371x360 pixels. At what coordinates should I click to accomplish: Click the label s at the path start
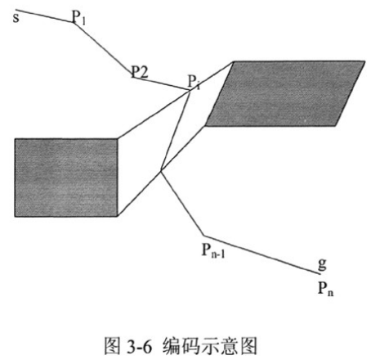click(16, 18)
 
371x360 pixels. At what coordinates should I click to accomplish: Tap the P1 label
click(78, 17)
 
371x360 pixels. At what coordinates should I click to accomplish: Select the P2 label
click(140, 72)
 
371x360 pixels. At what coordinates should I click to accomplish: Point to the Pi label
click(194, 81)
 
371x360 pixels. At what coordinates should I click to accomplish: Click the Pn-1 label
click(213, 250)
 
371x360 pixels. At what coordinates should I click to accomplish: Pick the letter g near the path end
click(322, 264)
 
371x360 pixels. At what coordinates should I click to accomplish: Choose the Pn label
click(326, 288)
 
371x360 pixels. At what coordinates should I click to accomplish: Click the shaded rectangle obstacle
click(66, 178)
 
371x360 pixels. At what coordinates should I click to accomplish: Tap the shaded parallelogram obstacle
click(285, 93)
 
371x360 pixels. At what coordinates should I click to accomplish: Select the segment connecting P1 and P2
click(103, 49)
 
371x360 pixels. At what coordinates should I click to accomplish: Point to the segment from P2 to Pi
click(161, 83)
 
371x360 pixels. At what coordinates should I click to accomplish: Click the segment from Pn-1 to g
click(261, 254)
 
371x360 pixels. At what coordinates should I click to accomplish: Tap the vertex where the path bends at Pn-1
click(203, 236)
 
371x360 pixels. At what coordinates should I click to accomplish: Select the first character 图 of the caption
click(112, 346)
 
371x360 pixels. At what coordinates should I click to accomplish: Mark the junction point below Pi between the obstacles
click(161, 171)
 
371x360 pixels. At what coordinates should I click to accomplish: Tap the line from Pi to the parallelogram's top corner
click(212, 76)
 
